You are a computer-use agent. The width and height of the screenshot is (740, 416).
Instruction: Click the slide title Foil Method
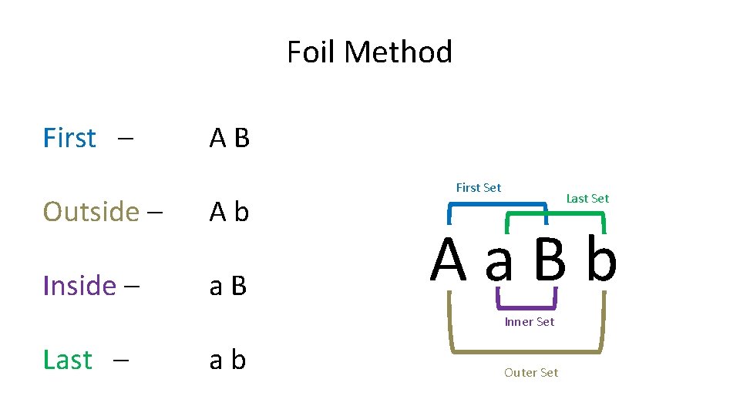(369, 52)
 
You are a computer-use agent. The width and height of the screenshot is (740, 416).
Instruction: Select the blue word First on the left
(69, 138)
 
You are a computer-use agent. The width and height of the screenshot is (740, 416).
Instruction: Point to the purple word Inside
(79, 286)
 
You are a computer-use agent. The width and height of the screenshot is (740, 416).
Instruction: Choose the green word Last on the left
(67, 360)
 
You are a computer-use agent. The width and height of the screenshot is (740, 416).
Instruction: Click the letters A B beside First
(230, 138)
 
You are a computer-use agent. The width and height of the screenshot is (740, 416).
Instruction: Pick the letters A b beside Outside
(230, 211)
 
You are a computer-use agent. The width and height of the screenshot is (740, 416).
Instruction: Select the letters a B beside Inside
(228, 286)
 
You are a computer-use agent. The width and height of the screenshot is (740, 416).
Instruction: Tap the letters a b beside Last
(228, 360)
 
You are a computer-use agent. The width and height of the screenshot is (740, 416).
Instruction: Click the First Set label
(478, 187)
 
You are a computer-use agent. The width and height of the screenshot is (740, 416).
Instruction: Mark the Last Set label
(587, 198)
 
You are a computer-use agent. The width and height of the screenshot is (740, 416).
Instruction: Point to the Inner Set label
(529, 321)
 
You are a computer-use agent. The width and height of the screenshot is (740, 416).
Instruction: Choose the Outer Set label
(530, 372)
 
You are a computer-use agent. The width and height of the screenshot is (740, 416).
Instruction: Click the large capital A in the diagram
(449, 260)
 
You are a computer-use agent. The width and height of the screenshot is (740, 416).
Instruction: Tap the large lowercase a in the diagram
(499, 262)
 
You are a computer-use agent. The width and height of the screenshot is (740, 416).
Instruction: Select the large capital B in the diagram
(550, 260)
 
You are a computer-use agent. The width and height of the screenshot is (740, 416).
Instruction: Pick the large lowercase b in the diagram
(601, 260)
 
